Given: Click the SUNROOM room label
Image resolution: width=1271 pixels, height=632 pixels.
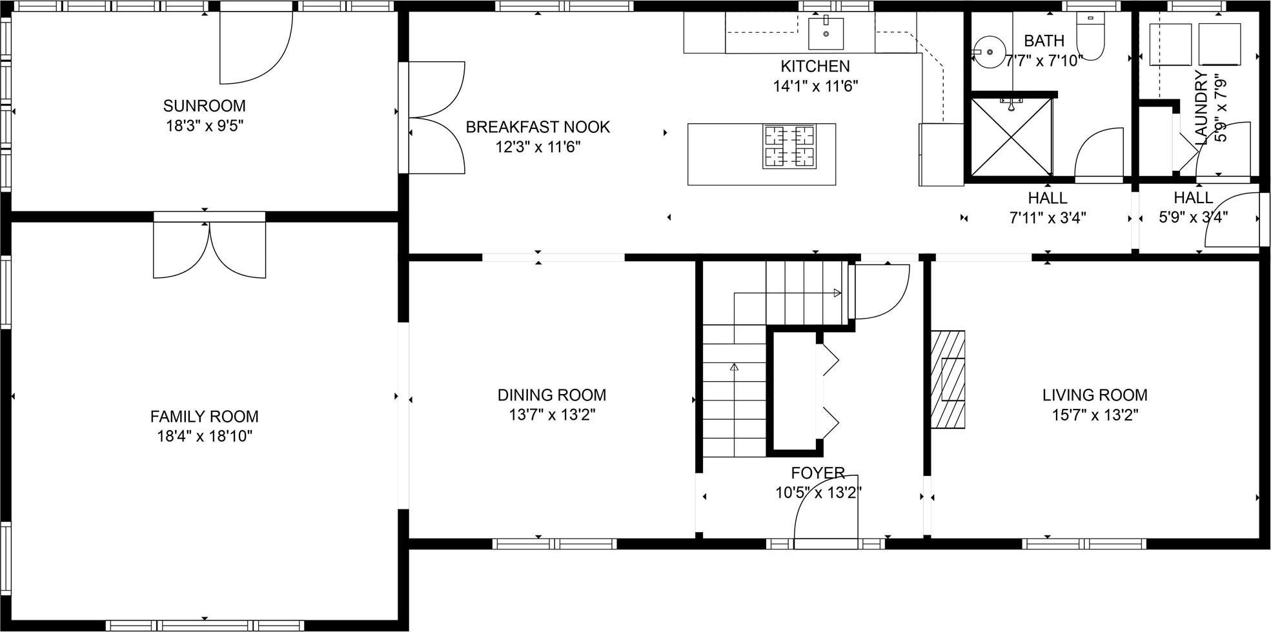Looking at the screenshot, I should coord(204,106).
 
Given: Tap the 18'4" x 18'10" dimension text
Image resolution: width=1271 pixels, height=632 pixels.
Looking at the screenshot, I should coord(204,437).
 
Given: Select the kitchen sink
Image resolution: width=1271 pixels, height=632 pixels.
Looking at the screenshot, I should coord(826,34).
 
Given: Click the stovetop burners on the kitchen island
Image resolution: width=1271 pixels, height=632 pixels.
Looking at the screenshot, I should coord(789,146).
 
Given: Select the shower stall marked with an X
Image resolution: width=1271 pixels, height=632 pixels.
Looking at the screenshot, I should coord(1011,137).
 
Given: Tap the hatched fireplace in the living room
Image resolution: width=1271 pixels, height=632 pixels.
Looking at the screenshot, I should coord(948,379).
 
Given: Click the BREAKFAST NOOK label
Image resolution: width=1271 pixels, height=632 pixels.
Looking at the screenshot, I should coord(538,127).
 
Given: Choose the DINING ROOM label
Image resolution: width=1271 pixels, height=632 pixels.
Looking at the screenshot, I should coord(551,395).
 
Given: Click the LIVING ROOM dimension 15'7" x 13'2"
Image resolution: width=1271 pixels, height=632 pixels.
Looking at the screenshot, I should coord(1095,415).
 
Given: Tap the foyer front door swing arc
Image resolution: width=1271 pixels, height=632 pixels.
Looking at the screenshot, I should coord(820,509).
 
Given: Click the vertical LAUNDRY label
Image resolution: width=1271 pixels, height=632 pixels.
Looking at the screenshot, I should coord(1201,107).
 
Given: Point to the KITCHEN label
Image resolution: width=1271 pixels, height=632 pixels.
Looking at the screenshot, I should coord(815,66).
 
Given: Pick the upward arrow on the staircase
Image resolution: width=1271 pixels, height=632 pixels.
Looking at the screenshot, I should coord(734,368).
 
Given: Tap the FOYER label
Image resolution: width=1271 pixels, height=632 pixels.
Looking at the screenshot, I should coord(818,473).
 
